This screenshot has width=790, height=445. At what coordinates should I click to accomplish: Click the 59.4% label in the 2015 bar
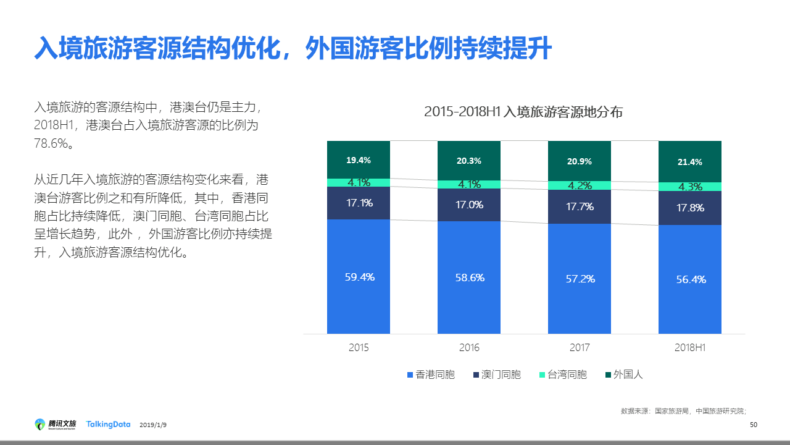pyautogui.click(x=359, y=277)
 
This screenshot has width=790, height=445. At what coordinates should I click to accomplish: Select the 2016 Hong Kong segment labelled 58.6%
pyautogui.click(x=470, y=278)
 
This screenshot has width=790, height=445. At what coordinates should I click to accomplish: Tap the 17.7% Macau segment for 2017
pyautogui.click(x=580, y=206)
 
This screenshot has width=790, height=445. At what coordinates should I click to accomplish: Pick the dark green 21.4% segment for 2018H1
pyautogui.click(x=690, y=162)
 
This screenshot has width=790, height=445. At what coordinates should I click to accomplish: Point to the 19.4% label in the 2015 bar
pyautogui.click(x=359, y=160)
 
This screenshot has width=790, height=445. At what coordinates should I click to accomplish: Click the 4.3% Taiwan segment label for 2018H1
pyautogui.click(x=690, y=187)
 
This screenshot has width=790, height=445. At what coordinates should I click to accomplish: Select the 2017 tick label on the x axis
pyautogui.click(x=580, y=348)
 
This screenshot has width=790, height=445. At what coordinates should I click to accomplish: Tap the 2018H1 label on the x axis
pyautogui.click(x=690, y=348)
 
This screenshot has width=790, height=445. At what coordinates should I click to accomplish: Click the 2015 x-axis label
pyautogui.click(x=359, y=348)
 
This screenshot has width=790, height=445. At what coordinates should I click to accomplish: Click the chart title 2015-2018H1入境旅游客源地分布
pyautogui.click(x=523, y=112)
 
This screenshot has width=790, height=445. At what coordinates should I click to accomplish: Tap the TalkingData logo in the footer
pyautogui.click(x=108, y=424)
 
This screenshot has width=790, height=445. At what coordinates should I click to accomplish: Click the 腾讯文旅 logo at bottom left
pyautogui.click(x=56, y=424)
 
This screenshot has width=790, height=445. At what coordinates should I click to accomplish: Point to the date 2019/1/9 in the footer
pyautogui.click(x=153, y=425)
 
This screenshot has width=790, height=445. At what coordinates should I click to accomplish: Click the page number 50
pyautogui.click(x=753, y=425)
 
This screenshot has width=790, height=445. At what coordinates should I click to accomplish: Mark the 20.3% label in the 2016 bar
pyautogui.click(x=469, y=161)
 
